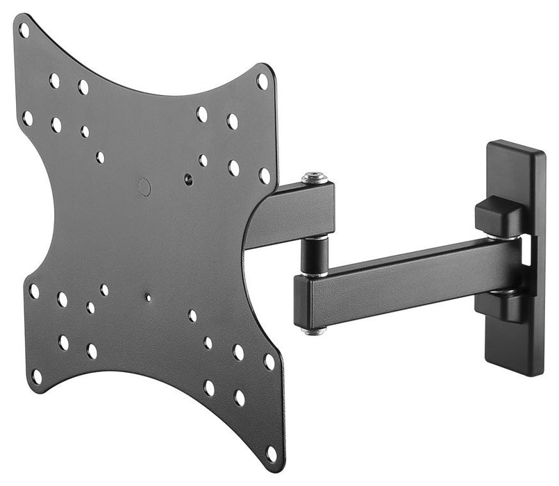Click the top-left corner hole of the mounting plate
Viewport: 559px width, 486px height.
[x=24, y=30]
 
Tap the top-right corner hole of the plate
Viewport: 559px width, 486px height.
[x=262, y=81]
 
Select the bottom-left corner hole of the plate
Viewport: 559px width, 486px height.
[x=36, y=376]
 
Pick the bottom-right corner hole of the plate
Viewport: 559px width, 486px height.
[x=271, y=453]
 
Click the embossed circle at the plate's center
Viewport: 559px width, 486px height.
[x=144, y=186]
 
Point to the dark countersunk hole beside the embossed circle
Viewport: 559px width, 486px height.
[x=188, y=179]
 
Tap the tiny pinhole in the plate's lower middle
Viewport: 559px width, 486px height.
[x=148, y=298]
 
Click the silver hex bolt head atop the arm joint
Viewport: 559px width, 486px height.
[x=315, y=178]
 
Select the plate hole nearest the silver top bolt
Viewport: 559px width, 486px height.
[x=265, y=176]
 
